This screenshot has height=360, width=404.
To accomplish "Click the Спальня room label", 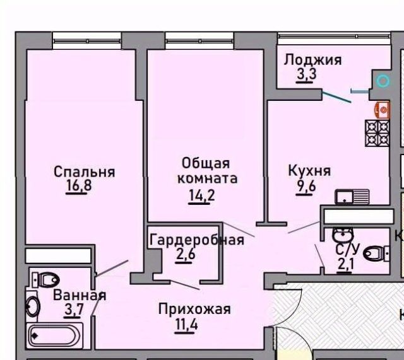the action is point(84,171).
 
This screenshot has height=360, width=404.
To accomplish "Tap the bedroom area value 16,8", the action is point(79,185).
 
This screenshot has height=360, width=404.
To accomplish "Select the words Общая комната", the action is point(207,171).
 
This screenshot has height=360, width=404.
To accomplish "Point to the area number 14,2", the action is point(201,195).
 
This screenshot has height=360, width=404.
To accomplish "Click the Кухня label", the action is point(309,170).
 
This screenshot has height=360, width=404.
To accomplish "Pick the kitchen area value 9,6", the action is point(306,185).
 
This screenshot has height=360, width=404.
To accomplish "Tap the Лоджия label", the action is point(313,60).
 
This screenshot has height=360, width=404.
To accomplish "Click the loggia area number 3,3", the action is point(306,74).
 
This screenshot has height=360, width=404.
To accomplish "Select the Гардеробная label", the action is point(197,240).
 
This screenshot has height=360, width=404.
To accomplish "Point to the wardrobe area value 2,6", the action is point(186,254).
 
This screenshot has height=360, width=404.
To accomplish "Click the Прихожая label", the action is point(194,309).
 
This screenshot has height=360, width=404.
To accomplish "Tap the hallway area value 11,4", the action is point(187,323).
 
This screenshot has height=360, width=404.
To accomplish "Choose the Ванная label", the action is point(80,295).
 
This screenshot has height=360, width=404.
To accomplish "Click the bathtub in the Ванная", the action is point(54,335).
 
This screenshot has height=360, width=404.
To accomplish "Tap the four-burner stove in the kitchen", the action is point(377,133).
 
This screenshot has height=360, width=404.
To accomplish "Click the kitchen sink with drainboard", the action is point(352,197).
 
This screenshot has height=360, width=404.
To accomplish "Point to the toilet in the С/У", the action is point(376,253).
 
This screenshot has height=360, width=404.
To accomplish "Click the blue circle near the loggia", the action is point(383,81).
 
